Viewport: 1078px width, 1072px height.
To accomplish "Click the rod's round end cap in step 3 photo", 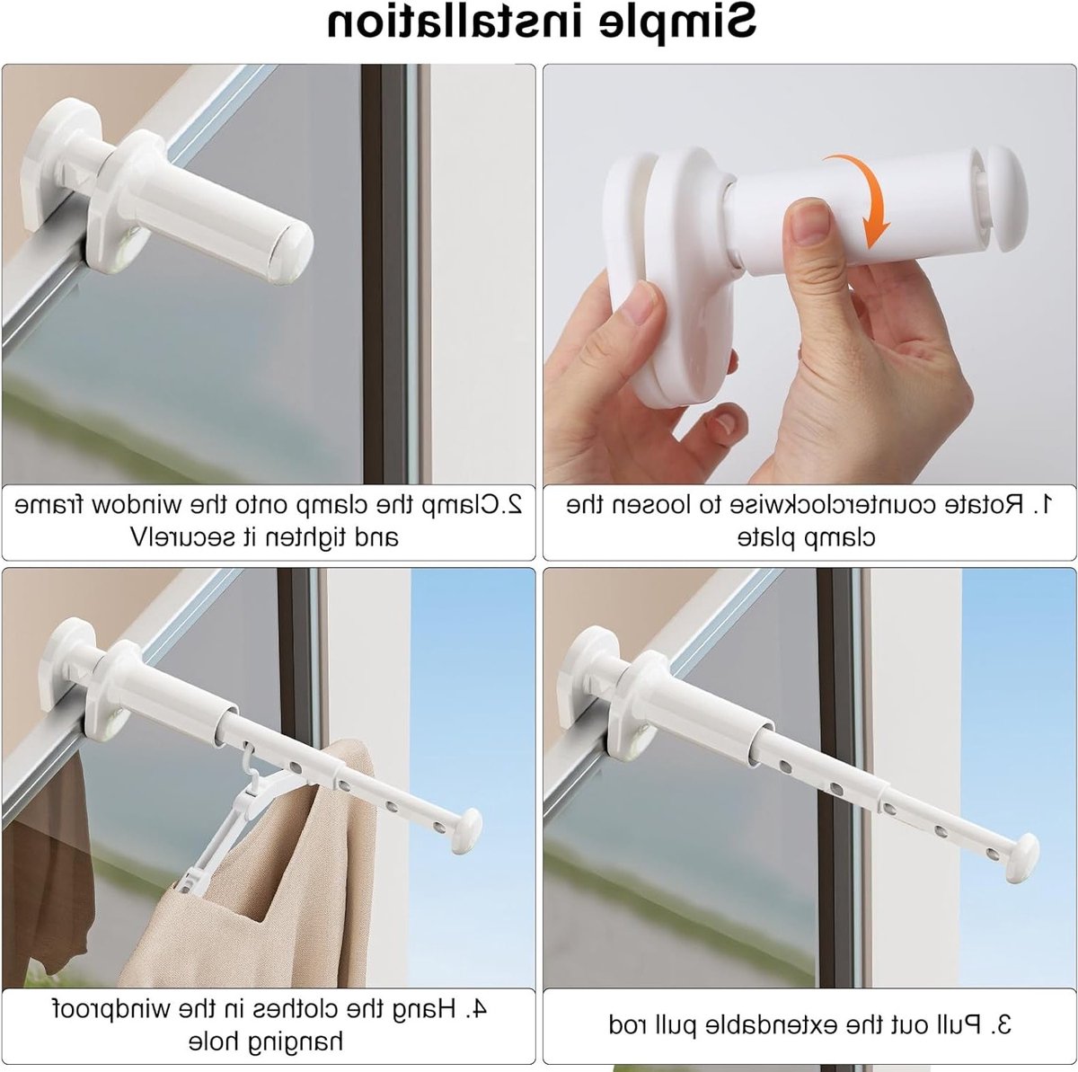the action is pos(1023,859).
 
